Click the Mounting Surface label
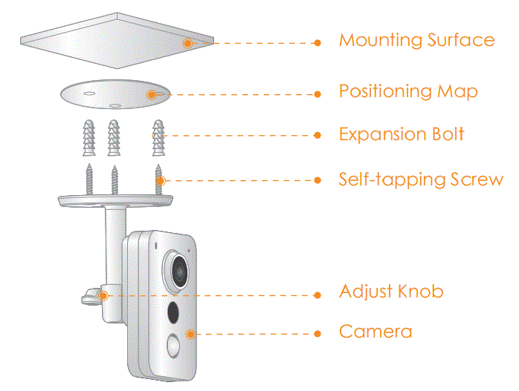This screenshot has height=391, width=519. [416, 40]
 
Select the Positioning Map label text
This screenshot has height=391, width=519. [408, 92]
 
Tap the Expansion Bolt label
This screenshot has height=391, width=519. [402, 134]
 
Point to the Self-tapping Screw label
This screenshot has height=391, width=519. [421, 180]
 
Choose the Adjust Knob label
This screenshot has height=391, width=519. [391, 292]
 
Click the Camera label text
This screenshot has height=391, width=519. [375, 331]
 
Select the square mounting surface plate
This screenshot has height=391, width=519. [112, 37]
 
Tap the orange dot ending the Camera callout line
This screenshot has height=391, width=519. [317, 334]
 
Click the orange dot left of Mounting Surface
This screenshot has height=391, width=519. [317, 43]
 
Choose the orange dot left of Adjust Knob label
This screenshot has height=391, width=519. [317, 295]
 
